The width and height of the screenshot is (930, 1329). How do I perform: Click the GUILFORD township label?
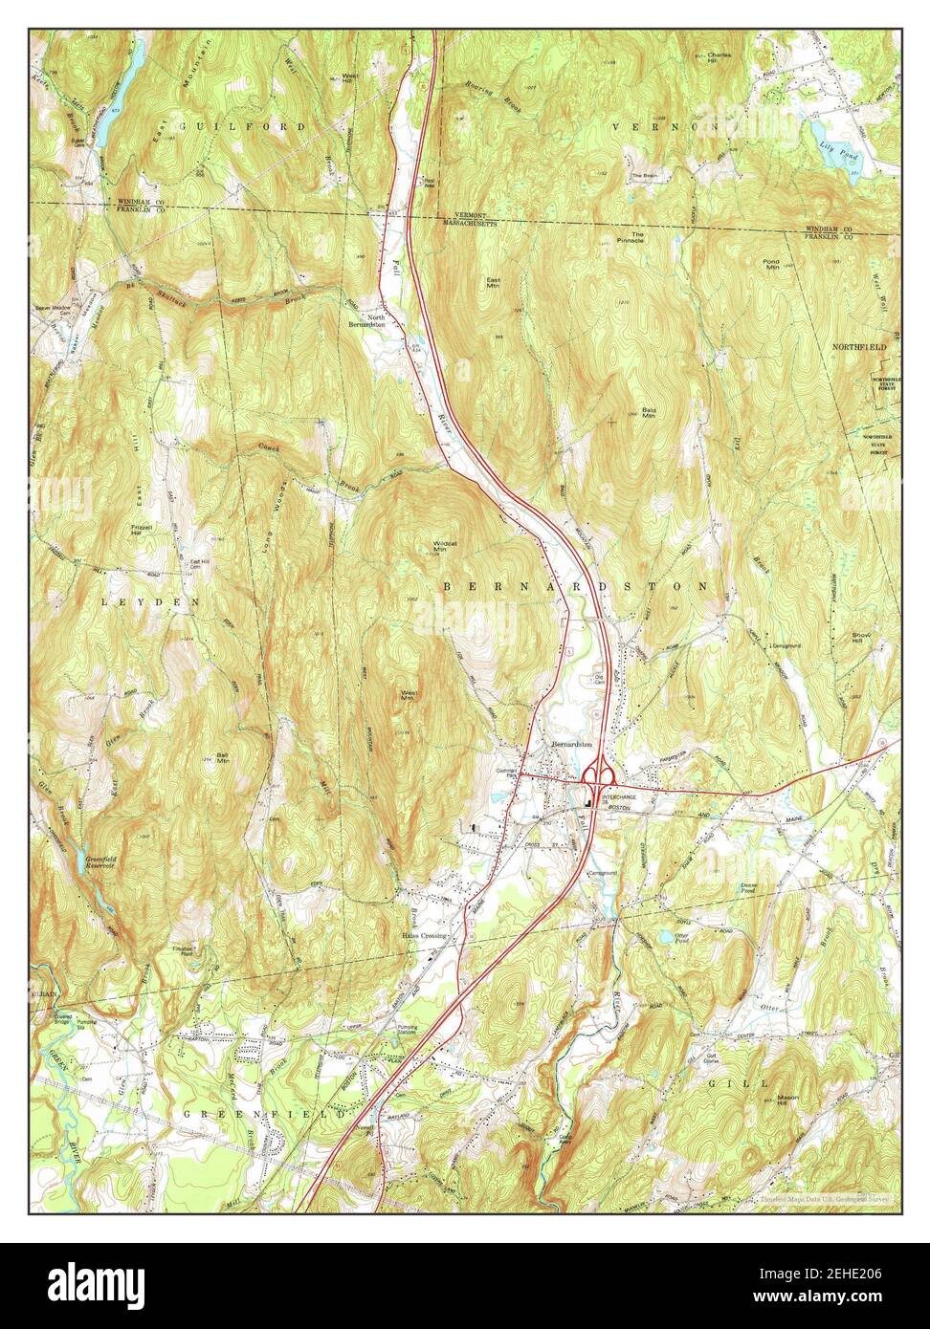[x=241, y=126]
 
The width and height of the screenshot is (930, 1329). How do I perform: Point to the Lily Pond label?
[x=846, y=152]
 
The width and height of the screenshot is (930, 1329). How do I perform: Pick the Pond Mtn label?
[x=771, y=264]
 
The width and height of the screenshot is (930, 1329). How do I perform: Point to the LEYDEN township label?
[x=152, y=603]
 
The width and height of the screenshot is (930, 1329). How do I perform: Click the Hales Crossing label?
[x=425, y=936]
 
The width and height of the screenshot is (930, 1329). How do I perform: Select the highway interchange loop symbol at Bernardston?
[x=600, y=772]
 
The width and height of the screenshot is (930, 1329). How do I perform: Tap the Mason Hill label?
[x=787, y=1098]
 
